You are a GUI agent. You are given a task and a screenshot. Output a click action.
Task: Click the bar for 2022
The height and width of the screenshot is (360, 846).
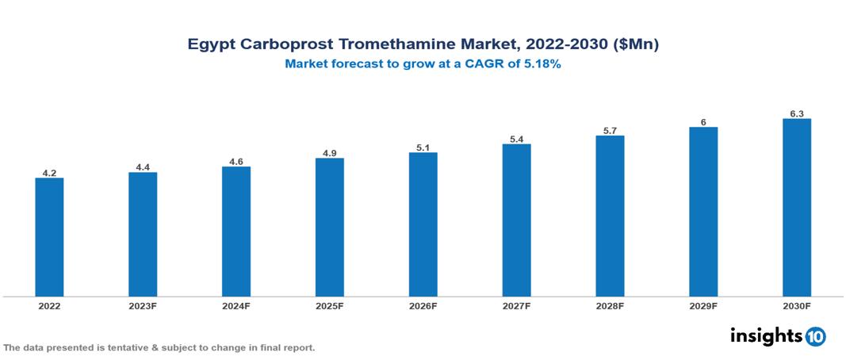click(x=49, y=237)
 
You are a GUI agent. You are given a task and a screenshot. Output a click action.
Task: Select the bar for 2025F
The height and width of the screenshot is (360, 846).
click(x=330, y=228)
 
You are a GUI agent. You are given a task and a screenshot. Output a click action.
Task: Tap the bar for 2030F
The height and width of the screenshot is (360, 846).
click(x=796, y=208)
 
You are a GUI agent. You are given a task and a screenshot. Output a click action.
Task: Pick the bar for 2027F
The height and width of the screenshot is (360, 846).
click(x=516, y=220)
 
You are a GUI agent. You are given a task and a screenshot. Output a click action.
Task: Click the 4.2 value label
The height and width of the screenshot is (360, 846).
click(x=49, y=172)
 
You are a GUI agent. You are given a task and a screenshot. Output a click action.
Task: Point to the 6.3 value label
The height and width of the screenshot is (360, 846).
click(x=796, y=113)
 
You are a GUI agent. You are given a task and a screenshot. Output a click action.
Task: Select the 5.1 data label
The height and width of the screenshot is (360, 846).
click(x=423, y=147)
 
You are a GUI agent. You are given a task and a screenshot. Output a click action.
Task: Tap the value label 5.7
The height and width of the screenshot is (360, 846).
click(x=610, y=130)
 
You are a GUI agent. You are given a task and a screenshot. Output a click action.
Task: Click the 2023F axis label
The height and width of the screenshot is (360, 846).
click(x=143, y=305)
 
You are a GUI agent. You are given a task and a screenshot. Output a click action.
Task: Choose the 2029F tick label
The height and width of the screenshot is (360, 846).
click(x=703, y=305)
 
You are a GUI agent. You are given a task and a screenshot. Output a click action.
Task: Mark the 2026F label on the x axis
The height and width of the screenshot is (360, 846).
click(x=423, y=305)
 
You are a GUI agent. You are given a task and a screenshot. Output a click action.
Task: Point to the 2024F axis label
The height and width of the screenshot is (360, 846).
click(x=236, y=305)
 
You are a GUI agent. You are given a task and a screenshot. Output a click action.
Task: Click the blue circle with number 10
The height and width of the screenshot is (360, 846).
click(x=815, y=336)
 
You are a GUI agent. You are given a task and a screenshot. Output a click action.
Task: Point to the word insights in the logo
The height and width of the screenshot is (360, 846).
click(x=766, y=335)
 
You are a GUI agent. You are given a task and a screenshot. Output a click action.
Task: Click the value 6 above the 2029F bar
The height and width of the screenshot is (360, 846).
click(x=703, y=122)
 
